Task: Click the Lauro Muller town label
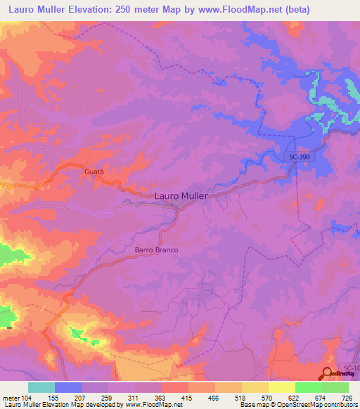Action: (181, 197)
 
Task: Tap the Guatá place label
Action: (94, 171)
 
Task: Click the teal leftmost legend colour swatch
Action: (41, 387)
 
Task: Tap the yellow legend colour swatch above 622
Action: (281, 387)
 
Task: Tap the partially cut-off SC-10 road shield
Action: (351, 368)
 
